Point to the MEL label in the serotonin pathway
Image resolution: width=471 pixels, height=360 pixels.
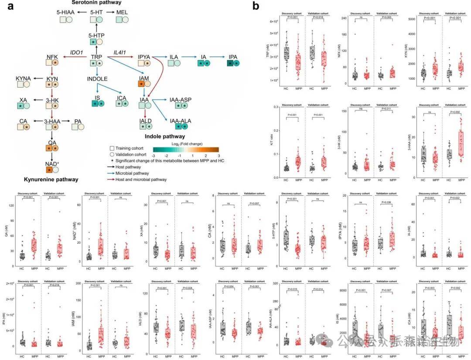(122, 13)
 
